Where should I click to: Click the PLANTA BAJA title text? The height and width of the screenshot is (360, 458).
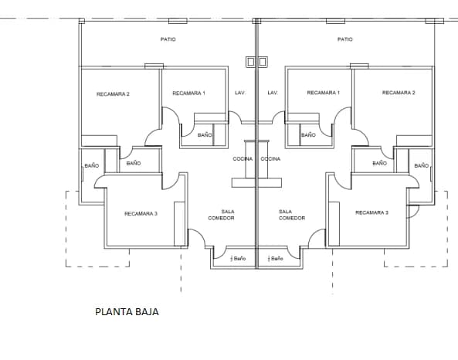point(127,312)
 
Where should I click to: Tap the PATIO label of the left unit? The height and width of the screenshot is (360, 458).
point(168,39)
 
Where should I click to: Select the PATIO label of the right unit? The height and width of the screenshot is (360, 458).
point(345,39)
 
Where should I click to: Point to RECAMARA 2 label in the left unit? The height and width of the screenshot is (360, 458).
point(113,94)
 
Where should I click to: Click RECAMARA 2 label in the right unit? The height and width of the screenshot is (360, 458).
point(399,93)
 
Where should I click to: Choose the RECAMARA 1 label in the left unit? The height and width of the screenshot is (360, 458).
point(188,93)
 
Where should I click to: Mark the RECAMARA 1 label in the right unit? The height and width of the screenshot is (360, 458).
point(324,93)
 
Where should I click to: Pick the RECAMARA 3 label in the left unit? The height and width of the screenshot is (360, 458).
point(141,213)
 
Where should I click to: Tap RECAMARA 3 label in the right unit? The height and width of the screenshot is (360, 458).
point(371,212)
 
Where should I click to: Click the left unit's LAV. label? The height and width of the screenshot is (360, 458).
point(240,93)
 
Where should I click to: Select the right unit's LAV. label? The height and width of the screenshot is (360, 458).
point(273,93)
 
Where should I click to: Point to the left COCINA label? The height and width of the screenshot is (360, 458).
point(243,158)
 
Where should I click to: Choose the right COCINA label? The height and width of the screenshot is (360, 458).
point(270,158)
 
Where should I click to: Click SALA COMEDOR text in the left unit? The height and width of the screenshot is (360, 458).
point(221,215)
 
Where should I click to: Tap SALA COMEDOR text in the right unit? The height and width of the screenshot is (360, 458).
point(292,215)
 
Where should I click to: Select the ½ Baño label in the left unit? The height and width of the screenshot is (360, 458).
point(238,259)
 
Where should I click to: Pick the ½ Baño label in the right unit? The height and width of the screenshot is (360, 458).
point(275,259)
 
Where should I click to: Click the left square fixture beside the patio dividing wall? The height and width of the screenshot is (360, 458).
point(250,62)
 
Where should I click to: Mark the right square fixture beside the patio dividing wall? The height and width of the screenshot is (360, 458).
point(263,62)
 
